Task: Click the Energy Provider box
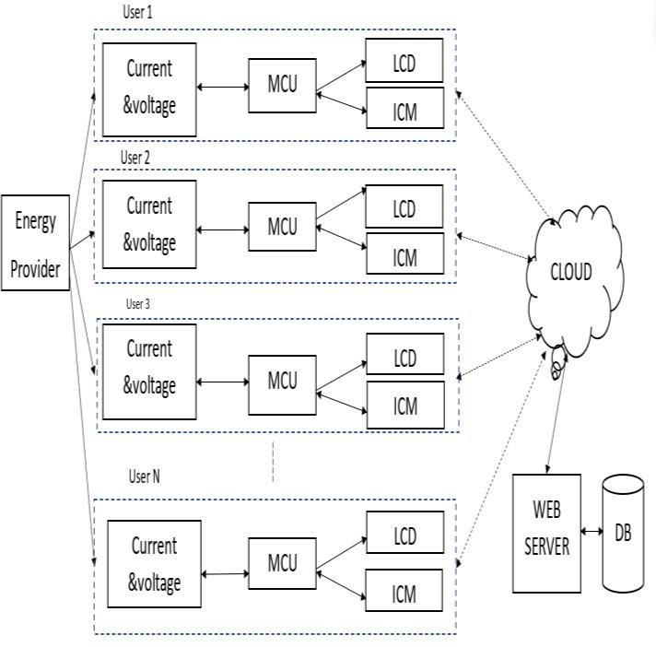click(35, 243)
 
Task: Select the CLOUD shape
click(571, 271)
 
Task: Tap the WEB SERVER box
click(546, 533)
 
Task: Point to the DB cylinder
click(623, 534)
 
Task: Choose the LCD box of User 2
click(404, 207)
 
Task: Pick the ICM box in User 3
click(404, 406)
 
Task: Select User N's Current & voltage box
click(154, 564)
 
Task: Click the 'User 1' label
click(138, 13)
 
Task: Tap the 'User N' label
click(146, 476)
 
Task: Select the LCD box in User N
click(404, 536)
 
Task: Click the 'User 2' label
click(135, 157)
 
